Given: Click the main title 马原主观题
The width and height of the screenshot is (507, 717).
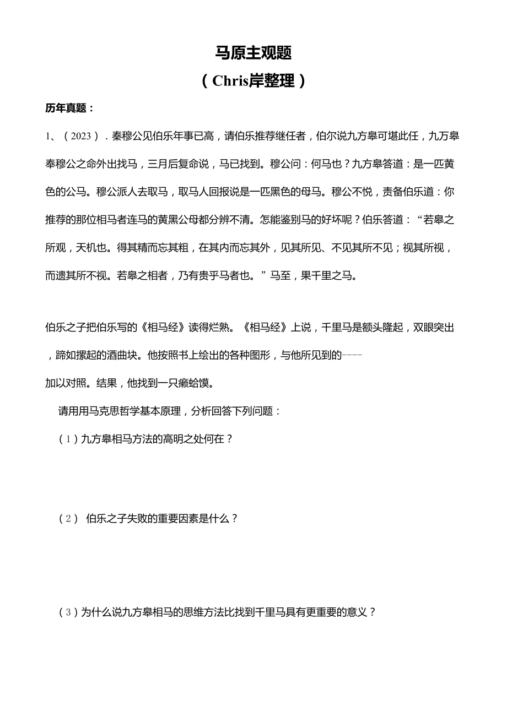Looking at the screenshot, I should pyautogui.click(x=253, y=53).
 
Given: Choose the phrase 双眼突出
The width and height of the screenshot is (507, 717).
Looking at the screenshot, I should pyautogui.click(x=436, y=327).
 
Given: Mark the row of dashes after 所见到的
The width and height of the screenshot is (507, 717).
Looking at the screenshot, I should pyautogui.click(x=352, y=355).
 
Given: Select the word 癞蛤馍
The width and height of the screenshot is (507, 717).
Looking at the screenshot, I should pyautogui.click(x=196, y=383).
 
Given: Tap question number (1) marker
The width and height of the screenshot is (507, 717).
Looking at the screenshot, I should pyautogui.click(x=68, y=439).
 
